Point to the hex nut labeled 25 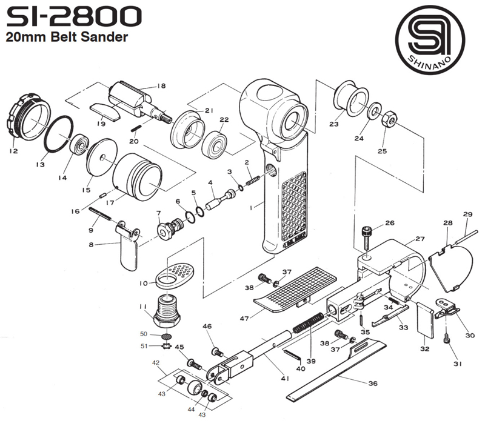390,118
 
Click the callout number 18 161,86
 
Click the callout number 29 467,214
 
